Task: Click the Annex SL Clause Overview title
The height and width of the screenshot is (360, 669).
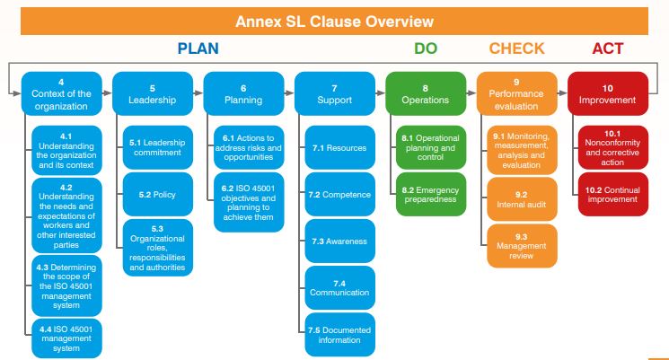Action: point(334,21)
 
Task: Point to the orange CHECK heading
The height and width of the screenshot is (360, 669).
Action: point(516,48)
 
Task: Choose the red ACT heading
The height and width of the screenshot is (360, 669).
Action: point(607,48)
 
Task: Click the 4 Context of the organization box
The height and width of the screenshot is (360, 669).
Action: point(60,93)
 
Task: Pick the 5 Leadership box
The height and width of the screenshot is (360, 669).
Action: point(152,93)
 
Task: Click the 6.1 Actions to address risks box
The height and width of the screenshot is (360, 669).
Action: point(248,147)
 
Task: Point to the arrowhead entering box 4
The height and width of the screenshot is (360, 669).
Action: point(18,93)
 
